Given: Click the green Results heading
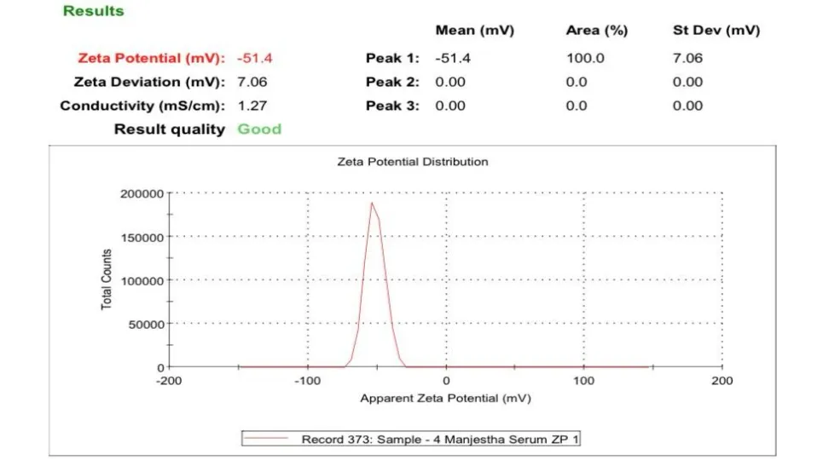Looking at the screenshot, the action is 94,11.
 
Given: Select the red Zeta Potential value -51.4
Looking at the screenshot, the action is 254,58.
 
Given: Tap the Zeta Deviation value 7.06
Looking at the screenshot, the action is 252,82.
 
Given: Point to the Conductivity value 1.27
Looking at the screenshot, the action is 252,106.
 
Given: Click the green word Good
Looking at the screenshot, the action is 259,129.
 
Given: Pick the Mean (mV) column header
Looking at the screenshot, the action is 474,31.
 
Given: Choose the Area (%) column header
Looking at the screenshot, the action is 597,31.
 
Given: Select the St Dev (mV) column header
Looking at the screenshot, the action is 716,31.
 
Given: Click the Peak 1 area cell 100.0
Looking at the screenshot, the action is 585,58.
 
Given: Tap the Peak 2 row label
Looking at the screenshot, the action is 392,82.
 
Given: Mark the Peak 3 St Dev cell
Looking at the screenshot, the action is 687,106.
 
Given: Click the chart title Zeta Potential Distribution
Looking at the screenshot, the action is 413,162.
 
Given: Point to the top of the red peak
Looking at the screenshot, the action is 372,203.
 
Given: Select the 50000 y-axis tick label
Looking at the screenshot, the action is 146,325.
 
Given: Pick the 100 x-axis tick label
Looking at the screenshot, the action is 583,381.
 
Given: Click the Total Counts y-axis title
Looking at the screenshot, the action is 107,279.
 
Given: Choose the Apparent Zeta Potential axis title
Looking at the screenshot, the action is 446,399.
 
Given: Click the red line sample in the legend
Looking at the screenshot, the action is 266,438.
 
